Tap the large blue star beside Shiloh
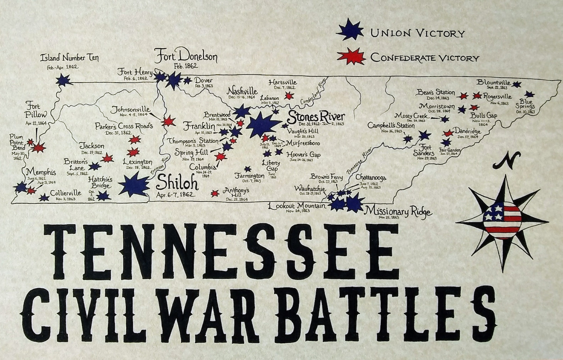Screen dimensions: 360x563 (x=134, y=185)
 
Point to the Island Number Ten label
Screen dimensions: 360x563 (x=69, y=58)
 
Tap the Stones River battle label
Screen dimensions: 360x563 (x=316, y=117)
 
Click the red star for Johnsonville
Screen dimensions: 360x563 (x=168, y=121)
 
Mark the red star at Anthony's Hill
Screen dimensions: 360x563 (x=214, y=193)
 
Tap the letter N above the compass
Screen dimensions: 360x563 (x=506, y=160)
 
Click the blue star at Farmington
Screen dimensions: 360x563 (x=247, y=169)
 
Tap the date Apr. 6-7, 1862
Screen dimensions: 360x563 (x=177, y=195)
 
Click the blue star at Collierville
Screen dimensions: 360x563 (x=44, y=197)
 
